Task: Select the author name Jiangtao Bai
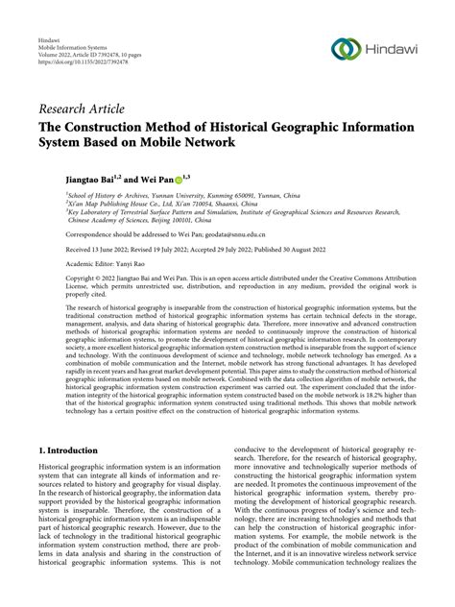[65, 177]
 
